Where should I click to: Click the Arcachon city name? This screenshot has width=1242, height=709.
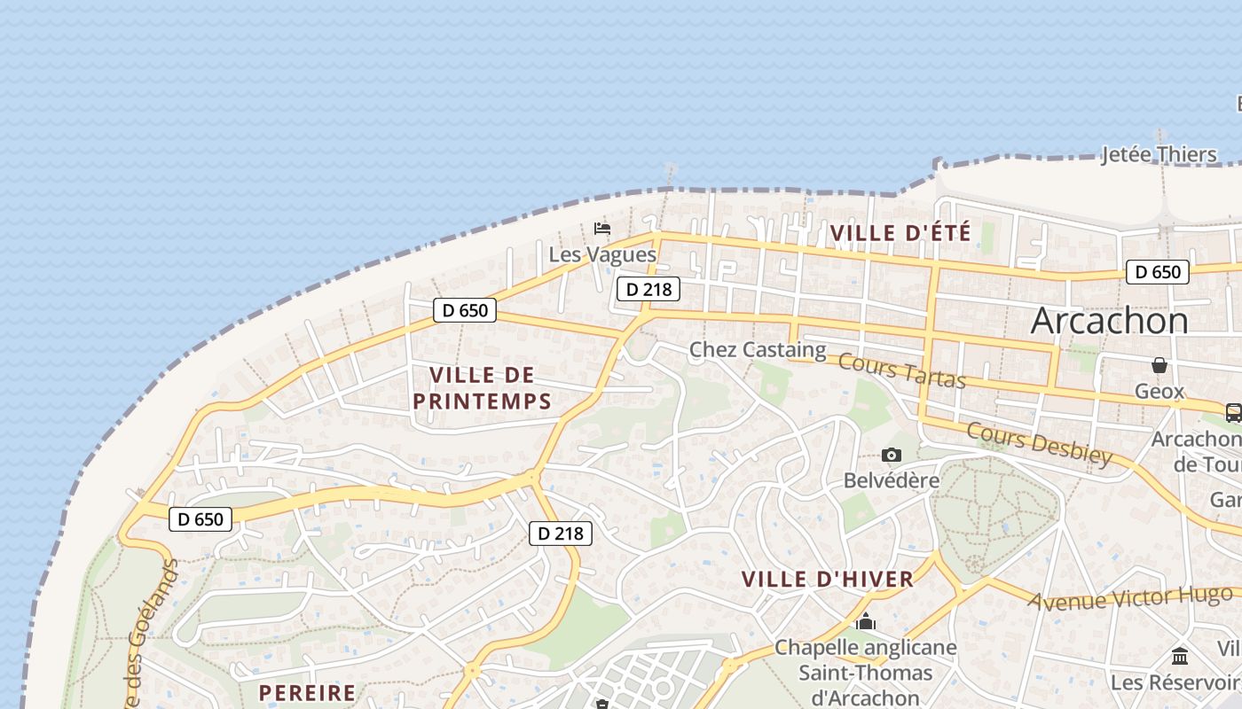[x=1109, y=321]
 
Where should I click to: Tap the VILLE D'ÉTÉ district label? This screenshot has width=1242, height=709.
[x=900, y=234]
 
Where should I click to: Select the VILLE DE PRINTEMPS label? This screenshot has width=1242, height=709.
[x=483, y=388]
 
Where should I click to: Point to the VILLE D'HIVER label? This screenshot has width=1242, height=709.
[x=827, y=580]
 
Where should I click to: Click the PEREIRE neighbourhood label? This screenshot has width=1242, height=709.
[x=307, y=693]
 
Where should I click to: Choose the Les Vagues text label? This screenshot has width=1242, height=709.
[x=602, y=255]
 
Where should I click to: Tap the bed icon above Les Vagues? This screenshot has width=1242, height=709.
[x=602, y=229]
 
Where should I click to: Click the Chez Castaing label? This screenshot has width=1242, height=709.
[x=758, y=350]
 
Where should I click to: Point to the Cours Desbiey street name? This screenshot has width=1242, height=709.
[x=1038, y=443]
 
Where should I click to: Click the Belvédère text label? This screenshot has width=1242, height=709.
[x=892, y=480]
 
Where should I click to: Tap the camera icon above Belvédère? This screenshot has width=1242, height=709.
[x=892, y=456]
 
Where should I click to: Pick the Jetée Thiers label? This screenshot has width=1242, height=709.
[x=1159, y=155]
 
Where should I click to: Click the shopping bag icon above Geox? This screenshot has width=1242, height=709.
[x=1159, y=365]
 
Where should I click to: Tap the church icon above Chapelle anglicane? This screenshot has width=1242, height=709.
[x=866, y=622]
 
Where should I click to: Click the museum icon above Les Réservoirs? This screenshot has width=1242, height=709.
[x=1180, y=657]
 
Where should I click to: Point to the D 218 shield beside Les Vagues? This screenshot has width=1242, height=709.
[x=649, y=289]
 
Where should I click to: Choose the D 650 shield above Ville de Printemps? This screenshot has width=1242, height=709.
[x=465, y=310]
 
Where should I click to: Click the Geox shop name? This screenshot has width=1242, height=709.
[x=1159, y=391]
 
